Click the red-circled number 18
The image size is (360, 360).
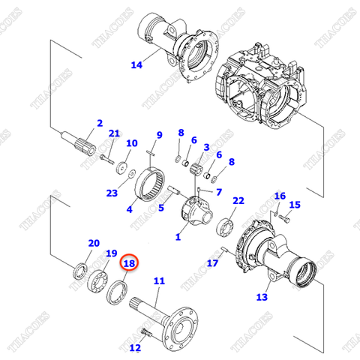(129, 263)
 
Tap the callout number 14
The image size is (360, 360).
(136, 65)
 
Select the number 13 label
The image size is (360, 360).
(261, 297)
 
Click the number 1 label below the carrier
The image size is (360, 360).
(178, 237)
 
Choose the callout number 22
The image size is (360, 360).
(238, 201)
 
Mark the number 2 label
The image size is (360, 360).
(99, 123)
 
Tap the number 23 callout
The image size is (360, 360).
(112, 193)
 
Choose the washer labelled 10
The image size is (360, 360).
(122, 164)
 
